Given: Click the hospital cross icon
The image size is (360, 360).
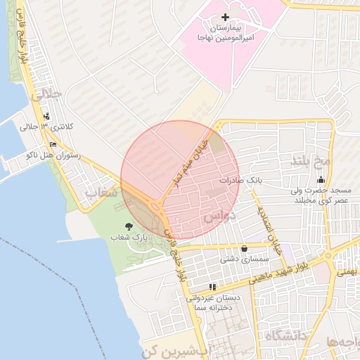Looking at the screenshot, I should (x=225, y=17).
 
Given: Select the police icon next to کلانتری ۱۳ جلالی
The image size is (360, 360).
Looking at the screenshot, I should (x=46, y=117).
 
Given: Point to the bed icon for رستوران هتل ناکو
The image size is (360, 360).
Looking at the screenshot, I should (x=53, y=145).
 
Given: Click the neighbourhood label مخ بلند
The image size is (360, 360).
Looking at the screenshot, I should (x=310, y=161).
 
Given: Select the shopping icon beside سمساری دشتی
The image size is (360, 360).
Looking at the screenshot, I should (x=244, y=248).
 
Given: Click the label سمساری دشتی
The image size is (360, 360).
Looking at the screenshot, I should (x=241, y=259).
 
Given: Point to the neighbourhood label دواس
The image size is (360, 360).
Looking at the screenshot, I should (x=218, y=217).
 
